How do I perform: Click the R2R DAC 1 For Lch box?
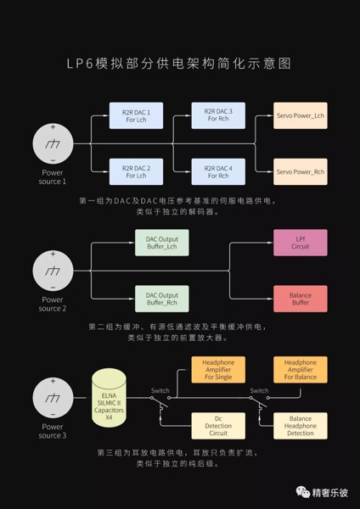click(x=136, y=116)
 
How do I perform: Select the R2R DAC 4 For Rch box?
click(x=218, y=171)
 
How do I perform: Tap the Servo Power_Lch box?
click(x=301, y=115)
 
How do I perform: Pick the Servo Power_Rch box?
click(x=301, y=171)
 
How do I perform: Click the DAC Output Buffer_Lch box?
click(x=162, y=243)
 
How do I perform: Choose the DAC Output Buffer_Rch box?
click(x=162, y=299)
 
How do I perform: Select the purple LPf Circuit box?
click(x=301, y=243)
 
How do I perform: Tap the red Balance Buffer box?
click(x=301, y=299)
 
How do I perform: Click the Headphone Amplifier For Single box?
click(x=218, y=370)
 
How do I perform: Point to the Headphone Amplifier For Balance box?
click(x=301, y=370)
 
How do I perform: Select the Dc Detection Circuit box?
click(x=218, y=426)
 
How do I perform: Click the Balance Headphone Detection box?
click(x=301, y=426)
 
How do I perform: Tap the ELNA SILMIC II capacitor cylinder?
click(x=109, y=398)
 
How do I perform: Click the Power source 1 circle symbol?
click(x=53, y=144)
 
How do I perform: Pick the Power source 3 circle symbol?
click(x=53, y=398)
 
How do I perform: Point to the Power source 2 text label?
click(x=53, y=305)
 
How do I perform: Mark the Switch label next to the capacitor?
click(x=160, y=391)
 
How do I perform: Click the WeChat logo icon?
click(x=303, y=492)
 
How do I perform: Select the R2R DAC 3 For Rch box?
click(x=218, y=115)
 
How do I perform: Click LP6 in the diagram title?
click(x=80, y=64)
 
